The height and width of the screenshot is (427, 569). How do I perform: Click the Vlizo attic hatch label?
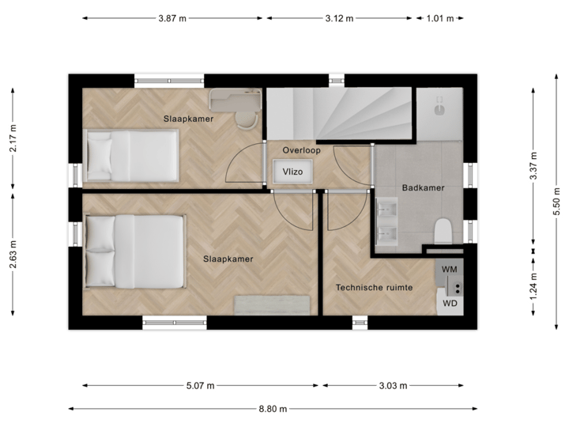point(293,171)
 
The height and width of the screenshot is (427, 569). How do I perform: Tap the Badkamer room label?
point(423,188)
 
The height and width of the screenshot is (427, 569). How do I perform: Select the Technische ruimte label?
point(374,288)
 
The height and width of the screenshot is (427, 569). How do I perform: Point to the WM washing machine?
point(450,270)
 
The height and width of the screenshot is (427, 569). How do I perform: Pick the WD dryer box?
point(450,303)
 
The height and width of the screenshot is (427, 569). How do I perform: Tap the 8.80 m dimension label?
point(272,409)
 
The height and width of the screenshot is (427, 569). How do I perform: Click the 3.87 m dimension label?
point(171,17)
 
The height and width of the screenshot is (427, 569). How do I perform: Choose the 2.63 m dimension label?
point(13,255)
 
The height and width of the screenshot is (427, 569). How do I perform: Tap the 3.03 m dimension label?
point(392,386)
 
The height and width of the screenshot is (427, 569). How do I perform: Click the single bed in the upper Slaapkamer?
point(132,155)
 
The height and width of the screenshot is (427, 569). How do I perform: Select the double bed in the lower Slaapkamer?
point(135,252)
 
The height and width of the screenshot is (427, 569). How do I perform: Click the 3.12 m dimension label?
point(340,17)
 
